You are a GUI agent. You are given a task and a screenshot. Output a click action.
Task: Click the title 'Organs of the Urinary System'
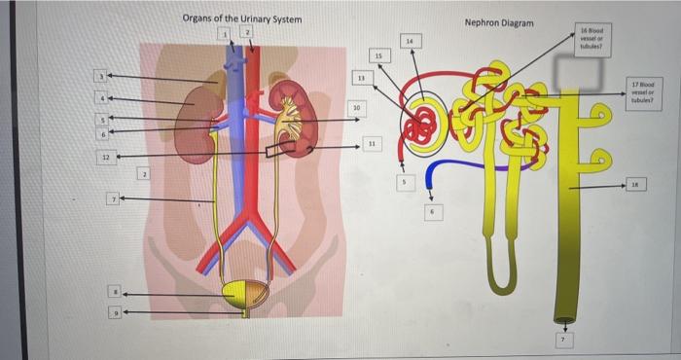point(242,19)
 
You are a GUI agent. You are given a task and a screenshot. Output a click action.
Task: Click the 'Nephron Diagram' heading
point(499,21)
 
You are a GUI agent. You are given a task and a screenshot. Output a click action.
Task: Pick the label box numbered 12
point(100,155)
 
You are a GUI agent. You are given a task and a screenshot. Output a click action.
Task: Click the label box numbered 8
point(113,291)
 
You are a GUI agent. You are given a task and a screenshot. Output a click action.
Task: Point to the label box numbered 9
point(113,312)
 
